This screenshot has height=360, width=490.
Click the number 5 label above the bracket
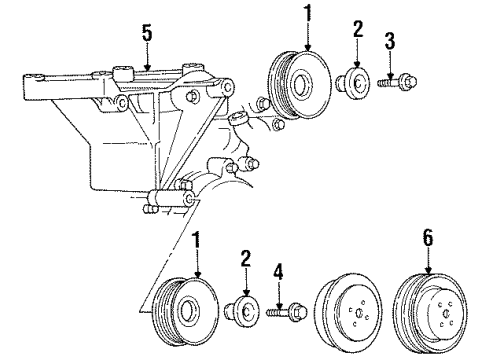[147, 34]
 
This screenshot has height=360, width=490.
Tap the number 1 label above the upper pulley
[306, 14]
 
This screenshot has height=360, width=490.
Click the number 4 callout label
[280, 271]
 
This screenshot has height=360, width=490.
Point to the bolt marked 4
[280, 313]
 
